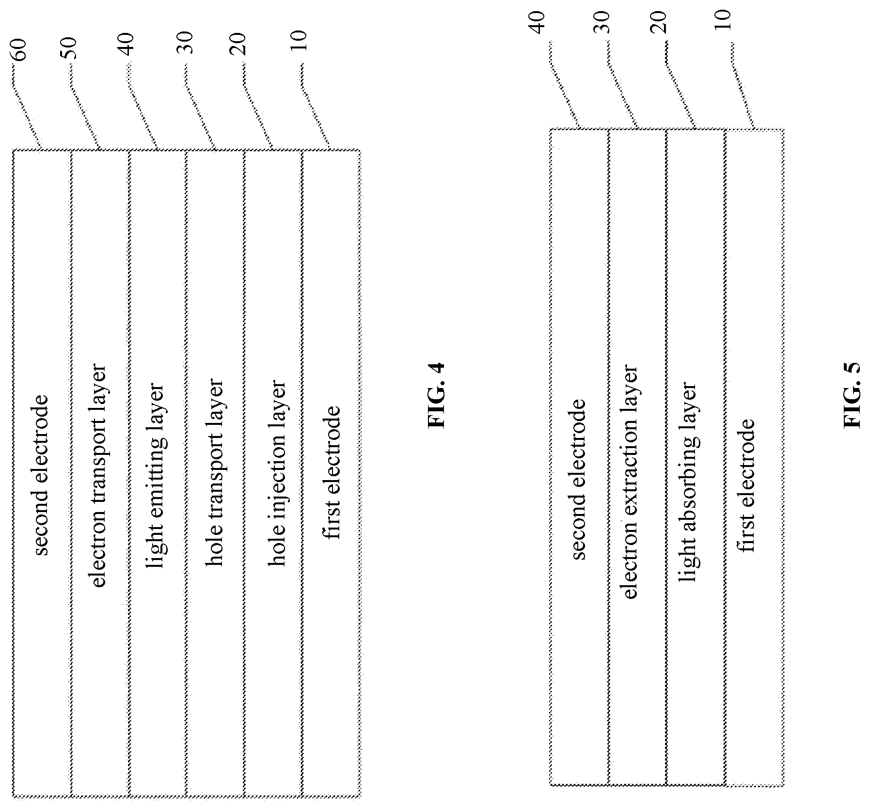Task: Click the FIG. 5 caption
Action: pos(853,395)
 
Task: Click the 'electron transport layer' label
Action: pos(98,475)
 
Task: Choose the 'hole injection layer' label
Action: pos(278,475)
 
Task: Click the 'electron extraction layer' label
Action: pos(629,482)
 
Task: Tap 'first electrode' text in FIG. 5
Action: pos(746,485)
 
